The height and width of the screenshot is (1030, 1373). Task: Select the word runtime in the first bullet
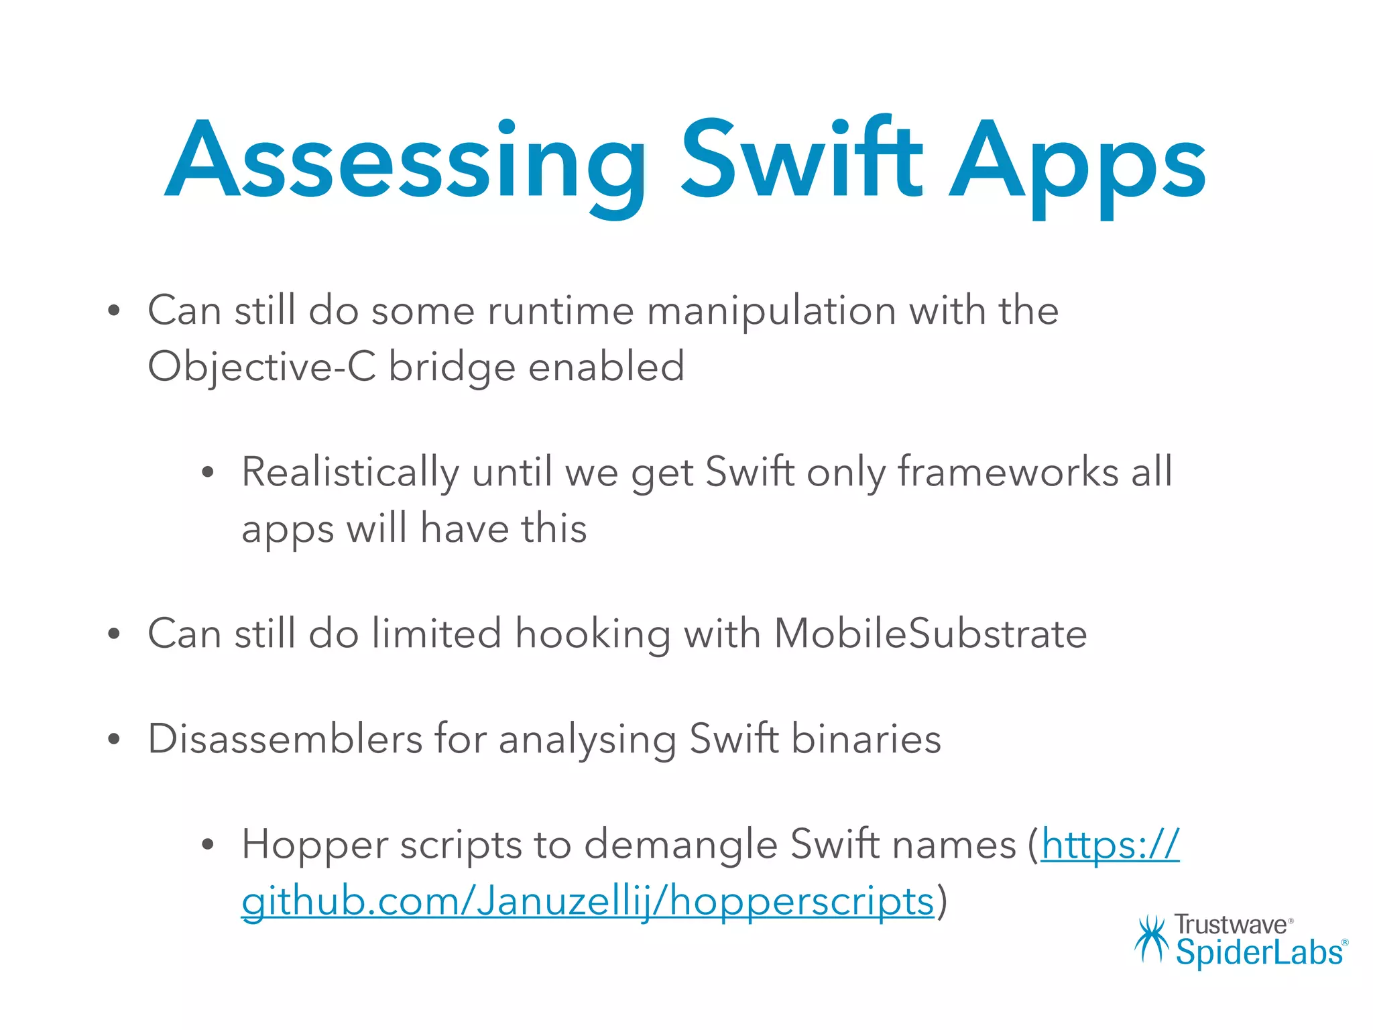click(560, 311)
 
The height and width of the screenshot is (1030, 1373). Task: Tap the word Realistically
click(350, 473)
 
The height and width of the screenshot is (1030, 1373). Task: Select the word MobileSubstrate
click(930, 634)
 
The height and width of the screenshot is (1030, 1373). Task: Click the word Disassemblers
click(285, 739)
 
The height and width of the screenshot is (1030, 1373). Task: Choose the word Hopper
click(314, 845)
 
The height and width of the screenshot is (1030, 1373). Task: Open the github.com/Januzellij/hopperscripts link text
click(587, 902)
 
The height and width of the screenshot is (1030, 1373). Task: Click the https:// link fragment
click(1110, 845)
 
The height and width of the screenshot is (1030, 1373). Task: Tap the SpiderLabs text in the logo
click(1259, 952)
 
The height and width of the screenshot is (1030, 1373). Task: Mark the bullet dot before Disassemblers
click(114, 740)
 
